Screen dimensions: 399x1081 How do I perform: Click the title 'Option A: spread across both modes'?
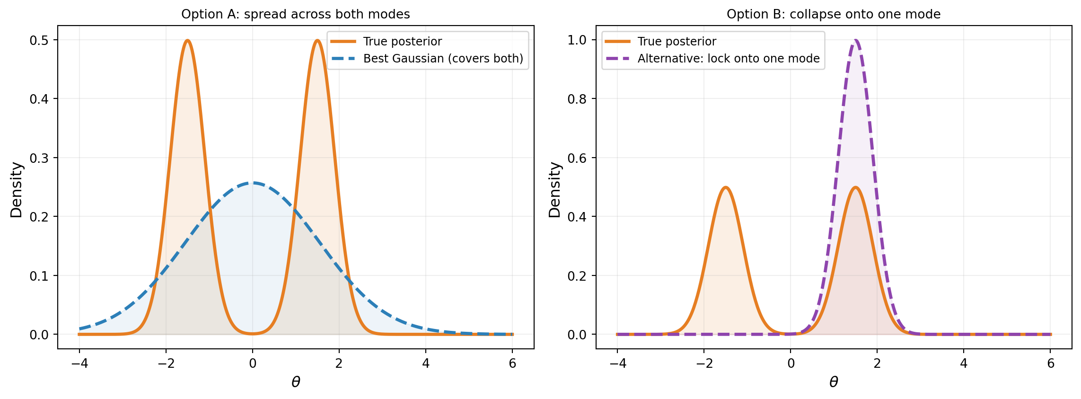(x=296, y=14)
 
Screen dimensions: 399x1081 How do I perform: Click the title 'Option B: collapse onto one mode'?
(x=834, y=14)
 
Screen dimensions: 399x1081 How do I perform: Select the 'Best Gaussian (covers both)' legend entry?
(x=443, y=59)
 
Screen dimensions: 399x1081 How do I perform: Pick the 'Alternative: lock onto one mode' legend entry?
(x=728, y=59)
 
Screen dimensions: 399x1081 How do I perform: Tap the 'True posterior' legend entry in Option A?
(x=402, y=42)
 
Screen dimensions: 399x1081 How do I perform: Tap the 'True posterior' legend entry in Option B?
(x=677, y=42)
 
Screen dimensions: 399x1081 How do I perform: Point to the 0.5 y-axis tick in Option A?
(x=39, y=40)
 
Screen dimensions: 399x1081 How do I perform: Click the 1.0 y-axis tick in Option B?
(x=578, y=40)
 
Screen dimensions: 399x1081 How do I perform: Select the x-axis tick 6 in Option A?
(x=512, y=363)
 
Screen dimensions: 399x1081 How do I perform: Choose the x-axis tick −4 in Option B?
(x=617, y=363)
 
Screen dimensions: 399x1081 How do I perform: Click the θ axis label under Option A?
(x=296, y=382)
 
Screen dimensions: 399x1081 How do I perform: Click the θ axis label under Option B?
(x=834, y=382)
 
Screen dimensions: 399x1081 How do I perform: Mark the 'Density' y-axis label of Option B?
(x=554, y=190)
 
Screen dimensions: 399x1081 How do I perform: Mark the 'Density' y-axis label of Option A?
(x=17, y=190)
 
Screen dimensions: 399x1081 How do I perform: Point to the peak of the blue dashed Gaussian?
(x=253, y=183)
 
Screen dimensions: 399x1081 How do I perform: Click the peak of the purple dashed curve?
(x=855, y=40)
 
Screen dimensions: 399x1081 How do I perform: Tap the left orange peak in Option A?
(x=188, y=40)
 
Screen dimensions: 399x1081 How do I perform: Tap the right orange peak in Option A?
(x=317, y=40)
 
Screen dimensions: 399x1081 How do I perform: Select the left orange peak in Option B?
(x=725, y=187)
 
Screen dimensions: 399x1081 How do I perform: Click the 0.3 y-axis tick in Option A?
(x=39, y=158)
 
